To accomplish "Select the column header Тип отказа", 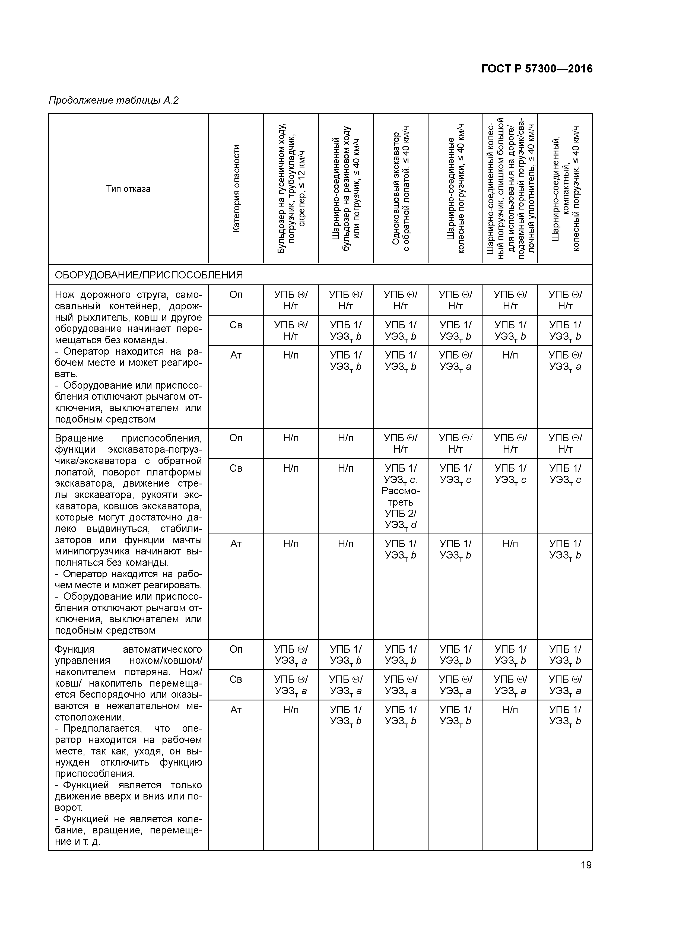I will tap(128, 189).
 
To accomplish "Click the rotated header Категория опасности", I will tap(236, 189).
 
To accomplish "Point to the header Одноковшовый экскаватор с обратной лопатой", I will tap(401, 189).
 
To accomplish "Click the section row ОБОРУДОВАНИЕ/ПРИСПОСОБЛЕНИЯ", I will tap(149, 275).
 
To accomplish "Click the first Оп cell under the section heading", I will tap(236, 295).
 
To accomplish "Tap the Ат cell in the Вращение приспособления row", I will tap(236, 544).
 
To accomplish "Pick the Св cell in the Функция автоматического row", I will tap(236, 680).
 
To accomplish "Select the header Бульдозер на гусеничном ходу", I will tap(291, 189).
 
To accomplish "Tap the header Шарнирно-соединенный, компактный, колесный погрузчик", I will tap(565, 189).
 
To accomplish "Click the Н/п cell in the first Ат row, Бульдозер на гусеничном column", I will tap(291, 355).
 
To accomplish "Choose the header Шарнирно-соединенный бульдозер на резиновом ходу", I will tap(345, 189).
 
